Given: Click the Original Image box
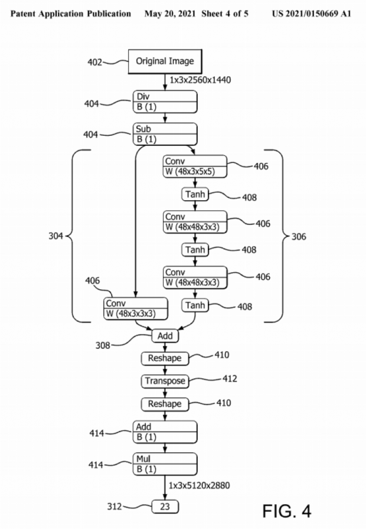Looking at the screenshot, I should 165,61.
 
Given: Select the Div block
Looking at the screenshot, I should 165,102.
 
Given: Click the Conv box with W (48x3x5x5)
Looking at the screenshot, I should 195,166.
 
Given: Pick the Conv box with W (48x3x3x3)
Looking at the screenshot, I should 135,308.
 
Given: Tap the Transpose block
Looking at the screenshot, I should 165,381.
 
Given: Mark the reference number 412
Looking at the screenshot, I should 230,378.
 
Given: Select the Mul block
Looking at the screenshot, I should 165,462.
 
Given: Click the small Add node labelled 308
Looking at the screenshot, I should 165,336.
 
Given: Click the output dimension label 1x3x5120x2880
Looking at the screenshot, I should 200,485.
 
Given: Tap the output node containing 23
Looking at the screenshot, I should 165,506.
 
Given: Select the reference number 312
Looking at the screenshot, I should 116,506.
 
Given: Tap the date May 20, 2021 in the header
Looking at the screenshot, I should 169,13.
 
